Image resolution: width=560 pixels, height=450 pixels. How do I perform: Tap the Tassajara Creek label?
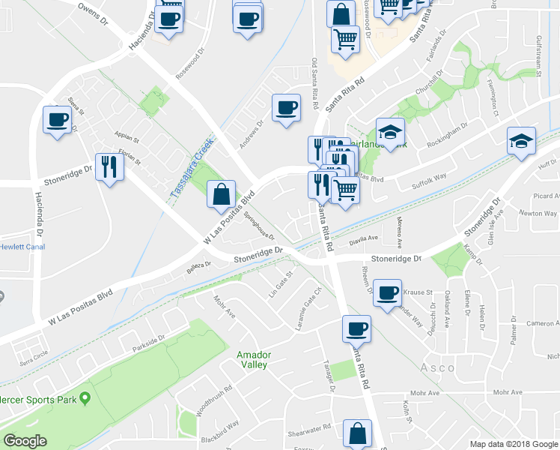[x=190, y=166]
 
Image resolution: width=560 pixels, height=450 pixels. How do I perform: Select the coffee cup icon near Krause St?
[x=387, y=293]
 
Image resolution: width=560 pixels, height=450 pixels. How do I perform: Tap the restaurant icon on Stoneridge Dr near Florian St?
[x=109, y=167]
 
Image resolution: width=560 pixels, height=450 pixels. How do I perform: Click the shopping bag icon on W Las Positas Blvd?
[x=222, y=195]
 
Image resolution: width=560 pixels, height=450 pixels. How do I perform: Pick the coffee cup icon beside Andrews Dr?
[x=285, y=108]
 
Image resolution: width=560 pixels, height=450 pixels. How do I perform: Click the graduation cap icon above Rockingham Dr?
[x=390, y=133]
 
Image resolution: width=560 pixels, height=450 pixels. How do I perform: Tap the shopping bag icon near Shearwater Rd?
[x=357, y=433]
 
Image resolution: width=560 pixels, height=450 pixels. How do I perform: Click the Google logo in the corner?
[x=25, y=441]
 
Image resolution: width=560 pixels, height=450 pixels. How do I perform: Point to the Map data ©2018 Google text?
[x=513, y=444]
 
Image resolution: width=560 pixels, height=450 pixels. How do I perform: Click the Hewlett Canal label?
[x=22, y=246]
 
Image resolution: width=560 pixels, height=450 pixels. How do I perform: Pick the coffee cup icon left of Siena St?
[x=57, y=120]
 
